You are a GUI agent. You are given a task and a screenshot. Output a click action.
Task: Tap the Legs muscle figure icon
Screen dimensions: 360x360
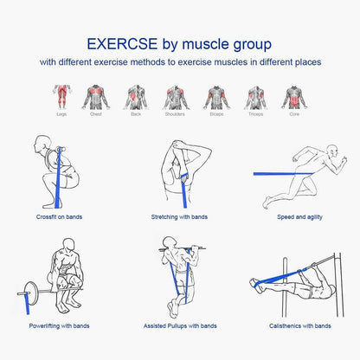[x=60, y=95]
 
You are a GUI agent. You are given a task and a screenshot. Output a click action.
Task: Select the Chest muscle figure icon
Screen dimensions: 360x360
[x=96, y=95]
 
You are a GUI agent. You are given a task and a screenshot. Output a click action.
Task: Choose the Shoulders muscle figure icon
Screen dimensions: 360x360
[x=176, y=95]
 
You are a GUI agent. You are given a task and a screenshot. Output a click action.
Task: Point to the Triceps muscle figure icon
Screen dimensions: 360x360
[x=255, y=95]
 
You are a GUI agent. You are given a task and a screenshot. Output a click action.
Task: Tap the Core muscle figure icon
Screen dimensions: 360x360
[x=295, y=95]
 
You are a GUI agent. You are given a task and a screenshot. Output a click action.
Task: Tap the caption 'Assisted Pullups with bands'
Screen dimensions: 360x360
[x=181, y=326]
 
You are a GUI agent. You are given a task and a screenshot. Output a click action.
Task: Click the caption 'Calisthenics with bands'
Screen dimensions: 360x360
[x=299, y=326]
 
